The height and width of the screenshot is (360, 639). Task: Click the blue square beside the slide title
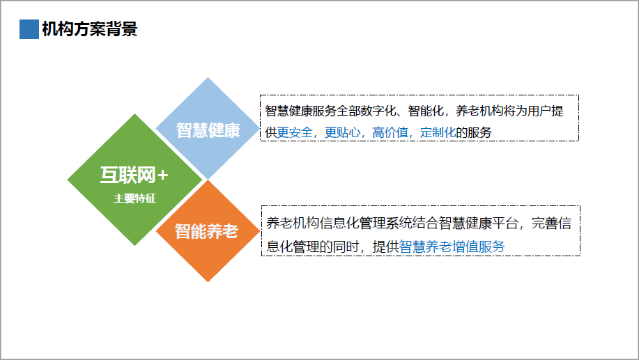(29, 29)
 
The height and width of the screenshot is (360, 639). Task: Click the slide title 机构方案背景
(90, 29)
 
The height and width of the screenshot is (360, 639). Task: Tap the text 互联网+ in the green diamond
(134, 175)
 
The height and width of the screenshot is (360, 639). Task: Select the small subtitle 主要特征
(134, 198)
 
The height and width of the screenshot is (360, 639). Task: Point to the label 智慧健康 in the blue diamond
(208, 130)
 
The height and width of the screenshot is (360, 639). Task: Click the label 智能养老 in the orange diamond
(207, 231)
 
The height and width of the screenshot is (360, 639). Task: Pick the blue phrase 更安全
(295, 132)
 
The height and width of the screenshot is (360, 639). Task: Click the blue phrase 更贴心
(343, 132)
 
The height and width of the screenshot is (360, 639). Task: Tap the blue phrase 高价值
(390, 132)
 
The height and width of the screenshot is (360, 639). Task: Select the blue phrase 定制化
(438, 132)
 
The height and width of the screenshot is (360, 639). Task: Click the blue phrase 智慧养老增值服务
(452, 246)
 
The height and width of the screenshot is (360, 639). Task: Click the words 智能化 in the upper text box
(426, 111)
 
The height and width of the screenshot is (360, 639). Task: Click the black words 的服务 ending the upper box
(474, 132)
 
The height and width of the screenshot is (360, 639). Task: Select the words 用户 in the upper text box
(539, 111)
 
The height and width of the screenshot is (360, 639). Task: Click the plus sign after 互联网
(162, 175)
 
